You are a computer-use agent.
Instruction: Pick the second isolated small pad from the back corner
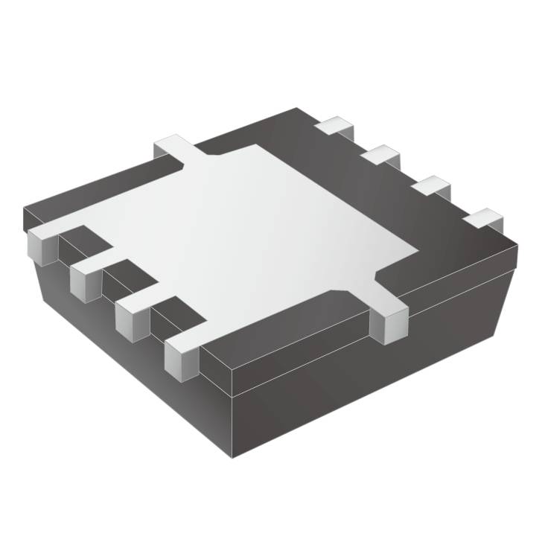pyautogui.click(x=383, y=156)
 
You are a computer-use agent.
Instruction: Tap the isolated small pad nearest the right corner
pyautogui.click(x=483, y=219)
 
